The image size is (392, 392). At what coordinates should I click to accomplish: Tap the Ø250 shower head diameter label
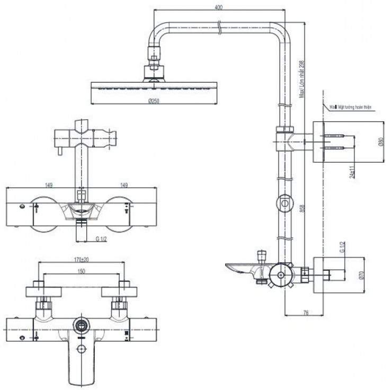pos(154,101)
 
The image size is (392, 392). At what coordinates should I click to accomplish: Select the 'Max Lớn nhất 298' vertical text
pos(301,79)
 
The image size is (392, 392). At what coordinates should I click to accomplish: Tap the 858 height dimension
pos(301,211)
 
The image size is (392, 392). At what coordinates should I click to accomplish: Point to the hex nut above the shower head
pos(154,55)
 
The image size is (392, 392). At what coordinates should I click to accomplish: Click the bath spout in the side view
pos(241,268)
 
